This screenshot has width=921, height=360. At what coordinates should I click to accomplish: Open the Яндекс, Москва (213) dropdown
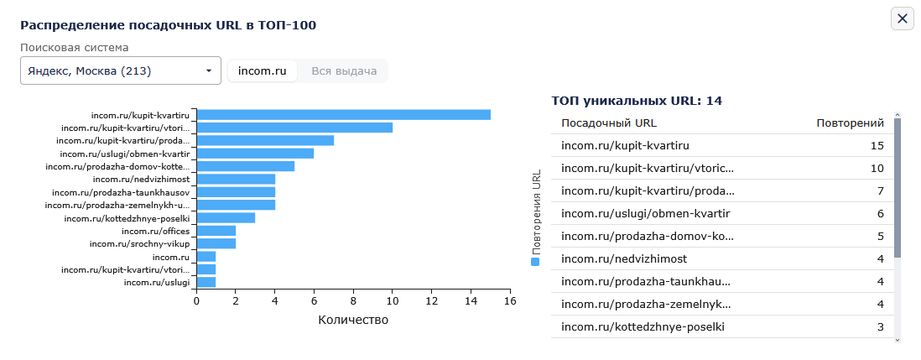point(121,71)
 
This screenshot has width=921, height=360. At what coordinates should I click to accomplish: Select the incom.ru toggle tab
point(262,71)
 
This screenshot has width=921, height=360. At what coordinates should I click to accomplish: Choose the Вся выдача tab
point(344,71)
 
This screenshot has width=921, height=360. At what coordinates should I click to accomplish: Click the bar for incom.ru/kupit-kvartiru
point(344,115)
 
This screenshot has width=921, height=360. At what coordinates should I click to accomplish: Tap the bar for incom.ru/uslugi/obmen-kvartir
point(256,154)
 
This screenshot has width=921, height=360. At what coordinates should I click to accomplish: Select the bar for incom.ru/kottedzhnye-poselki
point(226,218)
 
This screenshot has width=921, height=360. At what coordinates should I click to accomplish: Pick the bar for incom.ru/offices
point(216,231)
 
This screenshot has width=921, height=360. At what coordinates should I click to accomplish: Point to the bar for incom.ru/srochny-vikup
point(216,243)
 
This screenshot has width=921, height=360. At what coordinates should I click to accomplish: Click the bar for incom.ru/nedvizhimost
point(237,179)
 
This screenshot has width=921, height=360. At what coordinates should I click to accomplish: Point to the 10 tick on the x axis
point(393,300)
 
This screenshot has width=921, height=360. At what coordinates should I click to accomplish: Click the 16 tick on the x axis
point(510,300)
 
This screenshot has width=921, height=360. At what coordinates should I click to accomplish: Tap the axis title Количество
point(353,320)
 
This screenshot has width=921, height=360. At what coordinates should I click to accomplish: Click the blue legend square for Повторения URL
point(535,262)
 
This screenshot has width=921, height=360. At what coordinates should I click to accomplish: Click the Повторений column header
point(851,123)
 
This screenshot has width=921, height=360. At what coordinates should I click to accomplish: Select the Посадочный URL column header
point(609,123)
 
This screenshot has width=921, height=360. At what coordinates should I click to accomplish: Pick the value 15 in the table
point(877,146)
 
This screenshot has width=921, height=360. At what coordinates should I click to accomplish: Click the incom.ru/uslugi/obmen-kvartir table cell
point(646,214)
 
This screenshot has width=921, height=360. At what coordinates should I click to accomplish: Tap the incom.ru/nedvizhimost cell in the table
point(624,259)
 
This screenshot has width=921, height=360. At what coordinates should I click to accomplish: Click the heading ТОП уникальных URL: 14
point(637,101)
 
